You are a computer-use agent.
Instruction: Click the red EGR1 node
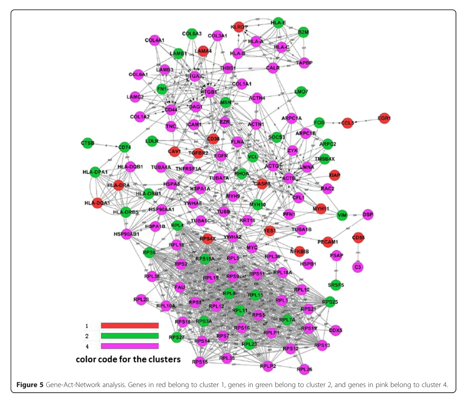tap(384, 118)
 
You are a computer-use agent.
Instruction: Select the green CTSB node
tap(88, 143)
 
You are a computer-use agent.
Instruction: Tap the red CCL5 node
tap(347, 123)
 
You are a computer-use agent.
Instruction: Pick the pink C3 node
tap(357, 266)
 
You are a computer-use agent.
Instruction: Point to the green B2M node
tap(304, 32)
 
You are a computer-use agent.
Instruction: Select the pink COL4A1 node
tap(155, 40)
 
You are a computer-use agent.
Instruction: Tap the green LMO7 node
tap(301, 92)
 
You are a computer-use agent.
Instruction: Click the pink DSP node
tap(368, 214)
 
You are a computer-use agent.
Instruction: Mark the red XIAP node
tap(334, 175)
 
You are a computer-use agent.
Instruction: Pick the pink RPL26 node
tap(304, 369)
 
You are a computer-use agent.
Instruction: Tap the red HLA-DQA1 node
tap(97, 202)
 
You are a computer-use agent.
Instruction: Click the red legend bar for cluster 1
tap(129, 326)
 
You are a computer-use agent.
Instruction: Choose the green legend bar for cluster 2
tap(129, 336)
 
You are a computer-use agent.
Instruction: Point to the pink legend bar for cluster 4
tap(129, 346)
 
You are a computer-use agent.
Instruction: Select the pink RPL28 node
tap(141, 299)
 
